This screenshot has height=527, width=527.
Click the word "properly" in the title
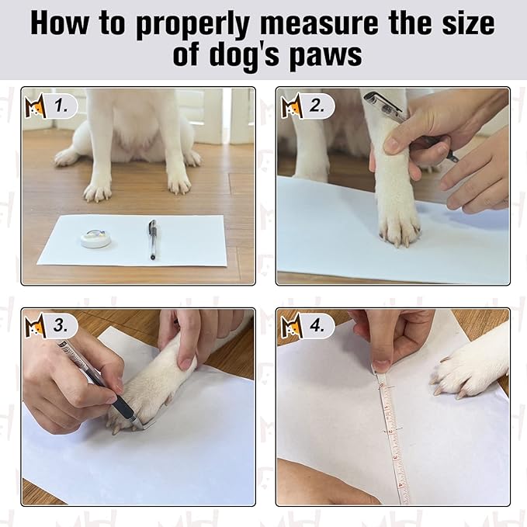pos(192,25)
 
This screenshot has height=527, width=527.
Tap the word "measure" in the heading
pos(319,23)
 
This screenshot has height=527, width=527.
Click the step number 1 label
pos(61,106)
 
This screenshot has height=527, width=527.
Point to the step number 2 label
pos(317,106)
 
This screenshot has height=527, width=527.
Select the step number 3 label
pos(61,325)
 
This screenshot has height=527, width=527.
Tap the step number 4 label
pos(317,325)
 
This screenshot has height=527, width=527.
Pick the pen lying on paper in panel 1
pos(153,239)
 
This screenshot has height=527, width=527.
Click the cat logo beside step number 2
pos(292,106)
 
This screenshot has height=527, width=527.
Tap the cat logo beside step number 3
pos(35,325)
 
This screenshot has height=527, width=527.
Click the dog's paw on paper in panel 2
pos(398,222)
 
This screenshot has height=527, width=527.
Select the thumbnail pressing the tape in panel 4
pos(382,366)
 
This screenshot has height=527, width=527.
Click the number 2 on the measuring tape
pos(390,431)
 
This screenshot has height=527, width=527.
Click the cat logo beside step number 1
pos(35,106)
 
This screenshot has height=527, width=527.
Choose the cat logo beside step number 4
pos(292,325)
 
